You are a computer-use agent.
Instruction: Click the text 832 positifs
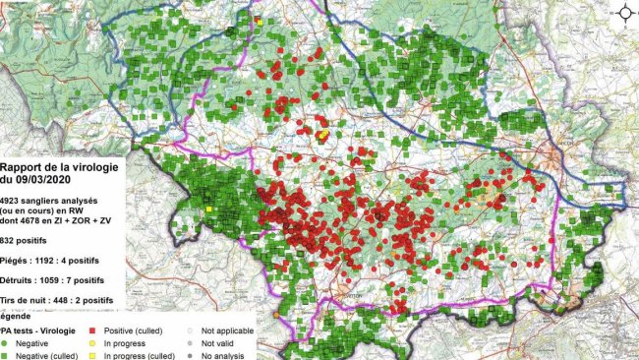click(30, 240)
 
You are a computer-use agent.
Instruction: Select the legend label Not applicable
click(229, 331)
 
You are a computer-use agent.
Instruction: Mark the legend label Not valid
click(219, 343)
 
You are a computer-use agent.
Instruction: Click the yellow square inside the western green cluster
click(209, 209)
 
